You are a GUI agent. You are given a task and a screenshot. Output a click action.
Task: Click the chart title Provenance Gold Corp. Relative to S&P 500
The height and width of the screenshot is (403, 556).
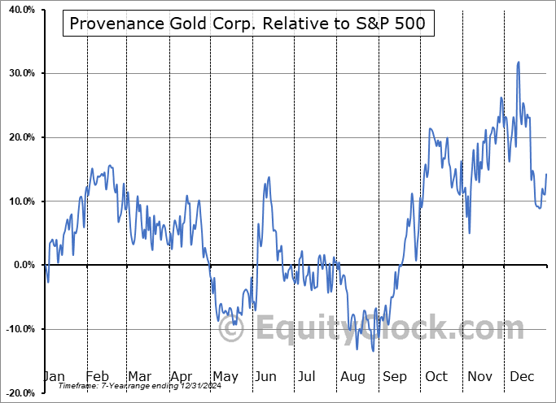[x=247, y=24]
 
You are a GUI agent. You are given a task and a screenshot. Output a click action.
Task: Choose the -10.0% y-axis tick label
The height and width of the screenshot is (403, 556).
[x=20, y=329]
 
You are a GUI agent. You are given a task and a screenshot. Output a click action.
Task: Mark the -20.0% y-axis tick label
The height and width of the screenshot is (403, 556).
[x=20, y=392]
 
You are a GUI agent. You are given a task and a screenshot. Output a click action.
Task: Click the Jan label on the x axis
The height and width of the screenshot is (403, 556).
[x=53, y=377]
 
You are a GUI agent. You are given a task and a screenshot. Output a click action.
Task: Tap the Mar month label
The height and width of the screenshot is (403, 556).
[x=139, y=377]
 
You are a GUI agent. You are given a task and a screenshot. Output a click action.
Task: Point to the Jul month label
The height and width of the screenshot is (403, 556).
[x=308, y=377]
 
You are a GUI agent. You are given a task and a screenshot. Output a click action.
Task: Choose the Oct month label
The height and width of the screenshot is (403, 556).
[x=437, y=377]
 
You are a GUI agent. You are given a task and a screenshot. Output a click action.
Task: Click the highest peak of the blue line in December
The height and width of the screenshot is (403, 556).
[x=519, y=62]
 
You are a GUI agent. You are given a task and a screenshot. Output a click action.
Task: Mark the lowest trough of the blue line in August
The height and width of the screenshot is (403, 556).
[x=373, y=350]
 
